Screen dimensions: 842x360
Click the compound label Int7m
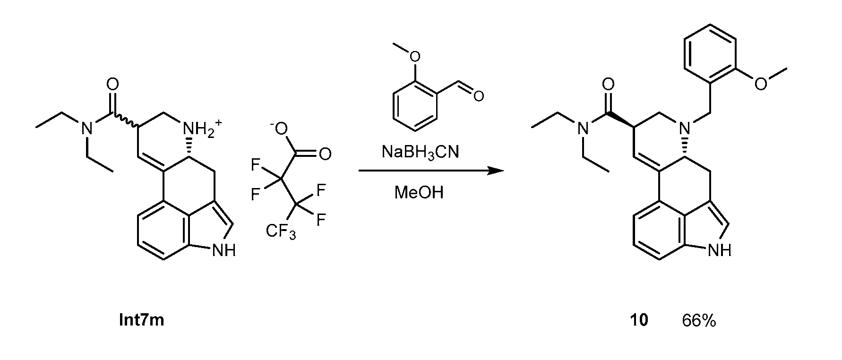141,320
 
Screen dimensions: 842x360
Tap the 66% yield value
699,320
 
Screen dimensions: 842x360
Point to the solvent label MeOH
419,193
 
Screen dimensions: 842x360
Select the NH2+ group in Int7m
195,129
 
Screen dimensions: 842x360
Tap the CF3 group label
281,231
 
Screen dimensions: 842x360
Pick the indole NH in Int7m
223,250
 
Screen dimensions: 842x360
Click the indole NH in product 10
719,250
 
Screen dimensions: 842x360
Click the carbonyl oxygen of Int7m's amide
112,85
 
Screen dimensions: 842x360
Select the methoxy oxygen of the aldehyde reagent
414,57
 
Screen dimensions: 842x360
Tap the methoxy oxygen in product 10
760,84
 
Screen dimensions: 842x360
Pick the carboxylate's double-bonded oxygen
325,154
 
